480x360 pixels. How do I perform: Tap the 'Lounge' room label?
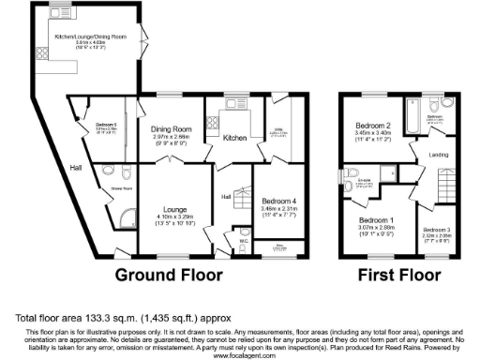coord(175,209)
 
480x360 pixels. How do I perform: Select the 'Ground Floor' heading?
coord(169,275)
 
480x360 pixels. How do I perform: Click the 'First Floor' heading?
coord(399,275)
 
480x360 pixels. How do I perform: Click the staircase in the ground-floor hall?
coord(243,197)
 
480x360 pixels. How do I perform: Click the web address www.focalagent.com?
coord(240,356)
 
